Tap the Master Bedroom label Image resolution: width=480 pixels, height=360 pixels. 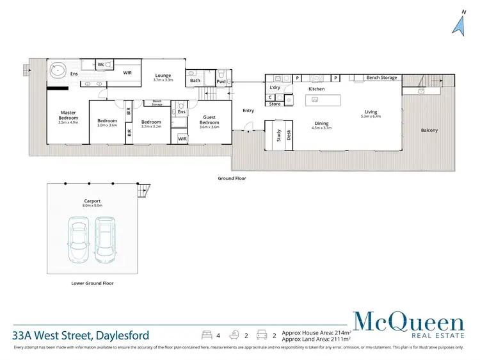point(68,116)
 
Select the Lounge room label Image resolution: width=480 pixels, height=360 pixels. point(163,76)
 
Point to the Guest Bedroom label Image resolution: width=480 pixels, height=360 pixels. point(209,120)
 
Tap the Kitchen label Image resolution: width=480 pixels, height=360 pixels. point(317,89)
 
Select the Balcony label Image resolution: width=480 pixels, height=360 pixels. point(429,131)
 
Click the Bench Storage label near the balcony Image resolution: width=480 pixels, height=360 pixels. point(381,78)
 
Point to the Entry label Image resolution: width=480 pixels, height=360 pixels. point(248,111)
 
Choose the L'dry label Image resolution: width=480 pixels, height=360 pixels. point(276,86)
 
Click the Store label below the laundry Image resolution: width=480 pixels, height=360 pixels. point(275,104)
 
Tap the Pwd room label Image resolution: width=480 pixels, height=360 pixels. point(221,81)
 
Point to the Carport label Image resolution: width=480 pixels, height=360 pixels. point(92,201)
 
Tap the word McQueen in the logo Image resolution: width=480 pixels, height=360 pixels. point(410,321)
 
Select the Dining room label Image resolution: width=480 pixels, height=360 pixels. point(321,124)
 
